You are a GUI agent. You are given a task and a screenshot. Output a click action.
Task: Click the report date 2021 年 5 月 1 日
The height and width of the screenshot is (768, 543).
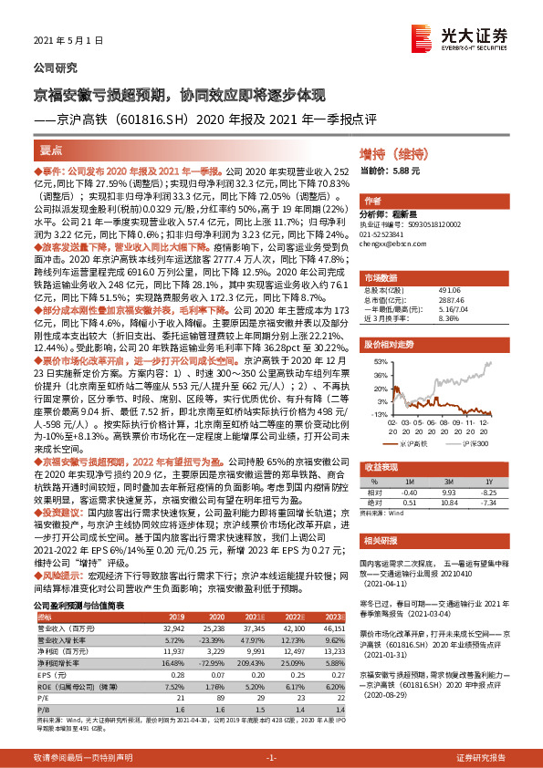63,41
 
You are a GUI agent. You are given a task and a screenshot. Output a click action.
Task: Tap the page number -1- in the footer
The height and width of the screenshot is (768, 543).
271,759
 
